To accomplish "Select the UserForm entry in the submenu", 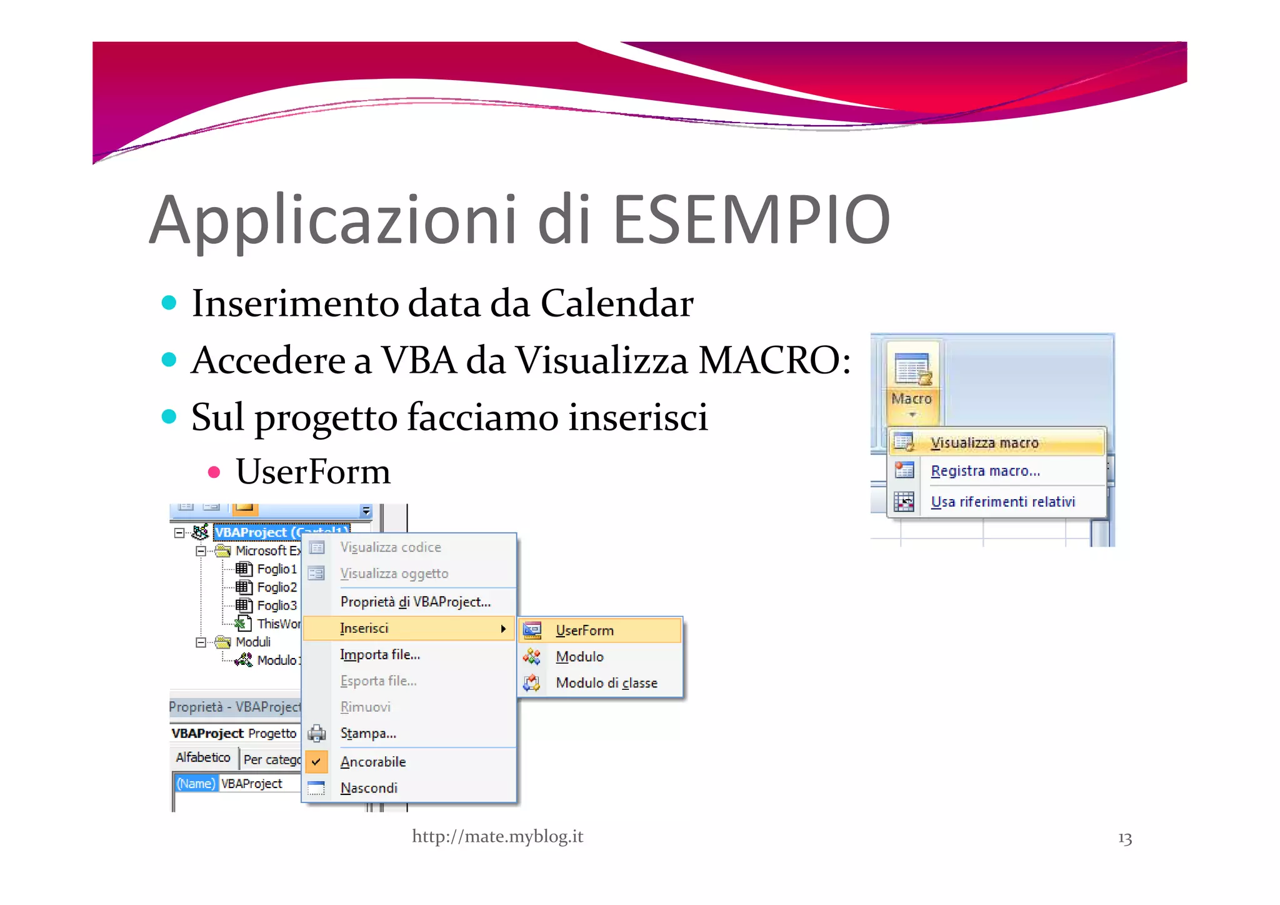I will pyautogui.click(x=584, y=630).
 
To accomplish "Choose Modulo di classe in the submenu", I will pyautogui.click(x=606, y=683).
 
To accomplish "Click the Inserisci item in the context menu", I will pyautogui.click(x=364, y=628).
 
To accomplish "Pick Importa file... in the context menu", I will pyautogui.click(x=380, y=655).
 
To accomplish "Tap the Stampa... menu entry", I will pyautogui.click(x=368, y=733).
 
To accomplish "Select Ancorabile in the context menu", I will pyautogui.click(x=373, y=762).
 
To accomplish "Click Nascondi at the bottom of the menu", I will pyautogui.click(x=369, y=788).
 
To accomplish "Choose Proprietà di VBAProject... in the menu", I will pyautogui.click(x=415, y=602).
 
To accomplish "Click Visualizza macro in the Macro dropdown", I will pyautogui.click(x=984, y=443).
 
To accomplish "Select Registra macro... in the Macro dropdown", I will pyautogui.click(x=985, y=471).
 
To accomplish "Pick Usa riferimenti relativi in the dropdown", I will pyautogui.click(x=1002, y=502).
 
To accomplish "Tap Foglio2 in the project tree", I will pyautogui.click(x=276, y=587).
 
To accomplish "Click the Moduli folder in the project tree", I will pyautogui.click(x=252, y=642).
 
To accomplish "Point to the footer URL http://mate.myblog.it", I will pyautogui.click(x=497, y=836).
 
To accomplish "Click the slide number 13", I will pyautogui.click(x=1124, y=838).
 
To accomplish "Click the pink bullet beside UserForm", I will pyautogui.click(x=214, y=472).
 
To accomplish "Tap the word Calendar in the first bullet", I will pyautogui.click(x=616, y=304).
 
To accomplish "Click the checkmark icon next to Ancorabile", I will pyautogui.click(x=316, y=762).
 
